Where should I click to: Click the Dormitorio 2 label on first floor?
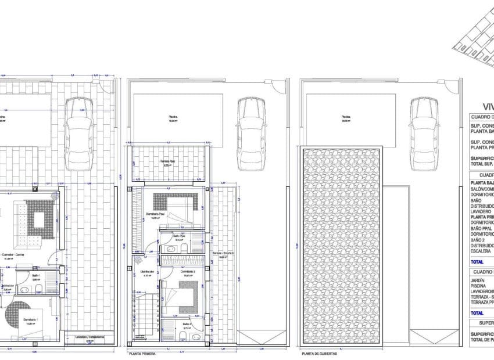pyautogui.click(x=187, y=271)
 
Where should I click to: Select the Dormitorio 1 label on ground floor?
pyautogui.click(x=30, y=319)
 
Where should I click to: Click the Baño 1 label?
pyautogui.click(x=35, y=275)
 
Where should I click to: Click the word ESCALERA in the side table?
pyautogui.click(x=481, y=251)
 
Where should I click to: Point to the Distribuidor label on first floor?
pyautogui.click(x=146, y=271)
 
